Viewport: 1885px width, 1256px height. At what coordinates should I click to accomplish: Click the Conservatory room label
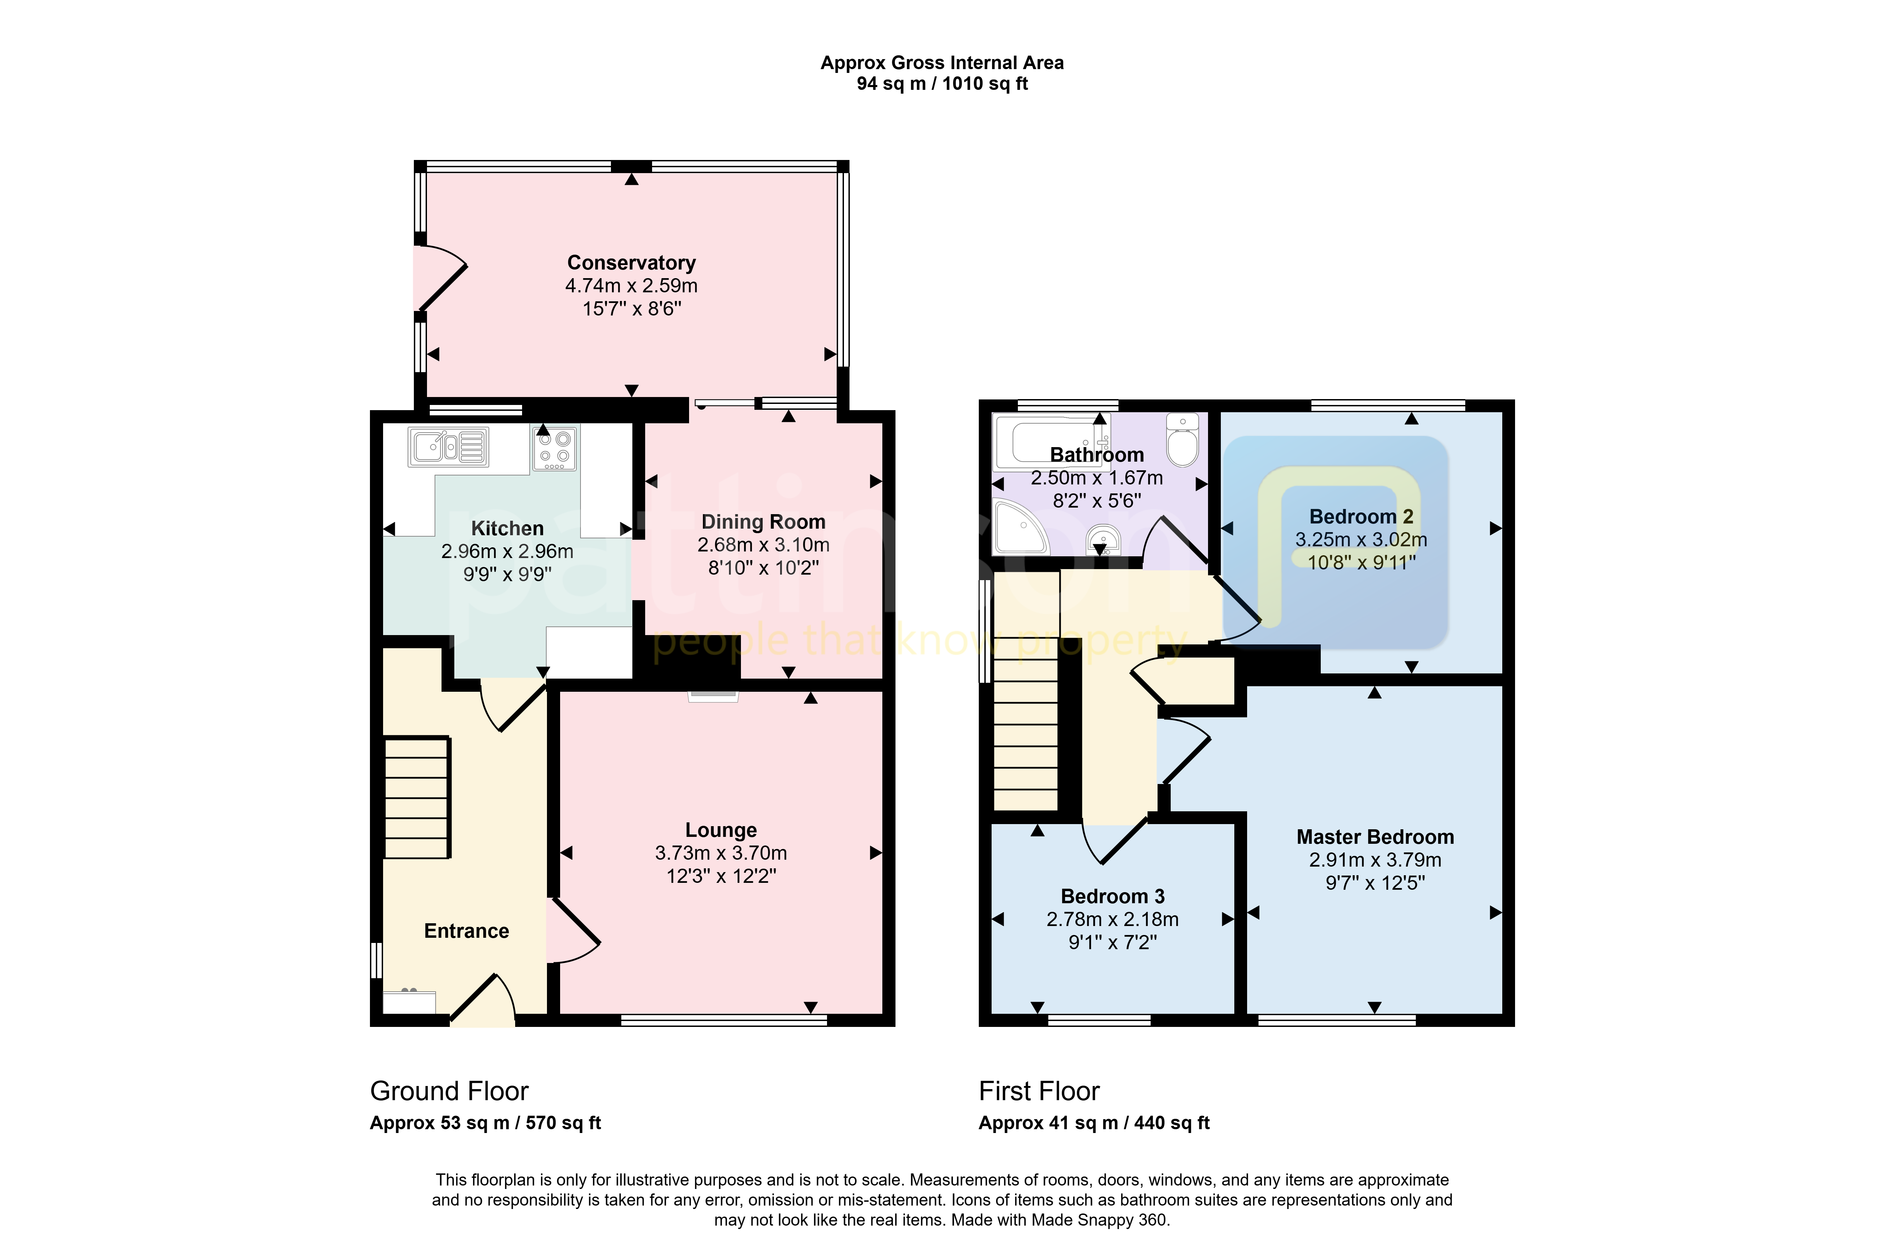pyautogui.click(x=632, y=263)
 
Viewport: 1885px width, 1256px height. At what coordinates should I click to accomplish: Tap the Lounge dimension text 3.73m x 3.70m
pyautogui.click(x=721, y=853)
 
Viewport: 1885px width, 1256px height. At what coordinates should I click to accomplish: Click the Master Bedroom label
pyautogui.click(x=1375, y=837)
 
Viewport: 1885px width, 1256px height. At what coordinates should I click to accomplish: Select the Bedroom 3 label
pyautogui.click(x=1112, y=896)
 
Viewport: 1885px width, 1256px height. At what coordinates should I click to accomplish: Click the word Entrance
pyautogui.click(x=466, y=931)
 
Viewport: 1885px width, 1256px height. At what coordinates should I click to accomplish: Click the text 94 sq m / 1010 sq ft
pyautogui.click(x=943, y=83)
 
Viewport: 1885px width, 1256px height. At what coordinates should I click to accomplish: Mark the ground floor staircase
pyautogui.click(x=417, y=798)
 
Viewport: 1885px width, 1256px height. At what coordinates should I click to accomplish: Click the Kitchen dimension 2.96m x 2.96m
pyautogui.click(x=507, y=551)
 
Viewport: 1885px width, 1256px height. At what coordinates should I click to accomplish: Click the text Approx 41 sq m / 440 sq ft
pyautogui.click(x=1094, y=1123)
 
